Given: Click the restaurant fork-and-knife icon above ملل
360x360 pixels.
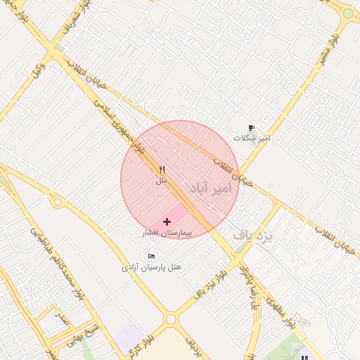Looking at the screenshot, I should coord(162,169).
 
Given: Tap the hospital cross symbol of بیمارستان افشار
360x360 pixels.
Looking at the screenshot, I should coord(166,221).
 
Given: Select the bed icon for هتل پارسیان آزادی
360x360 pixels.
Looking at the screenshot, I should coord(151,256).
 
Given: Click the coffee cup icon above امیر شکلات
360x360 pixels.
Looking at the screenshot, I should coord(252,128).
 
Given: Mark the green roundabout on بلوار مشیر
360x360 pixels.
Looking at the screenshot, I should coord(349,13).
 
